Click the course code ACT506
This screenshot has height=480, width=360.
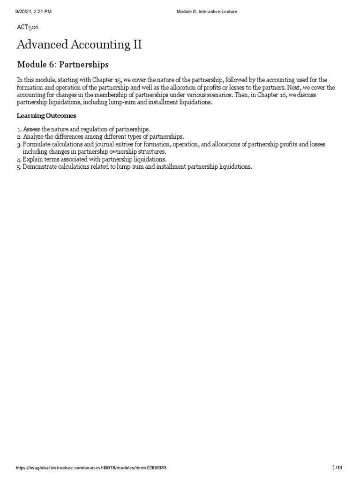point(28,28)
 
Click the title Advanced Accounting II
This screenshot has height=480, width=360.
point(79,45)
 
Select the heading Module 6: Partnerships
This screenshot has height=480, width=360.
point(63,64)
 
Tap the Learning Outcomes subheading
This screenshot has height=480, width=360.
point(46,115)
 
